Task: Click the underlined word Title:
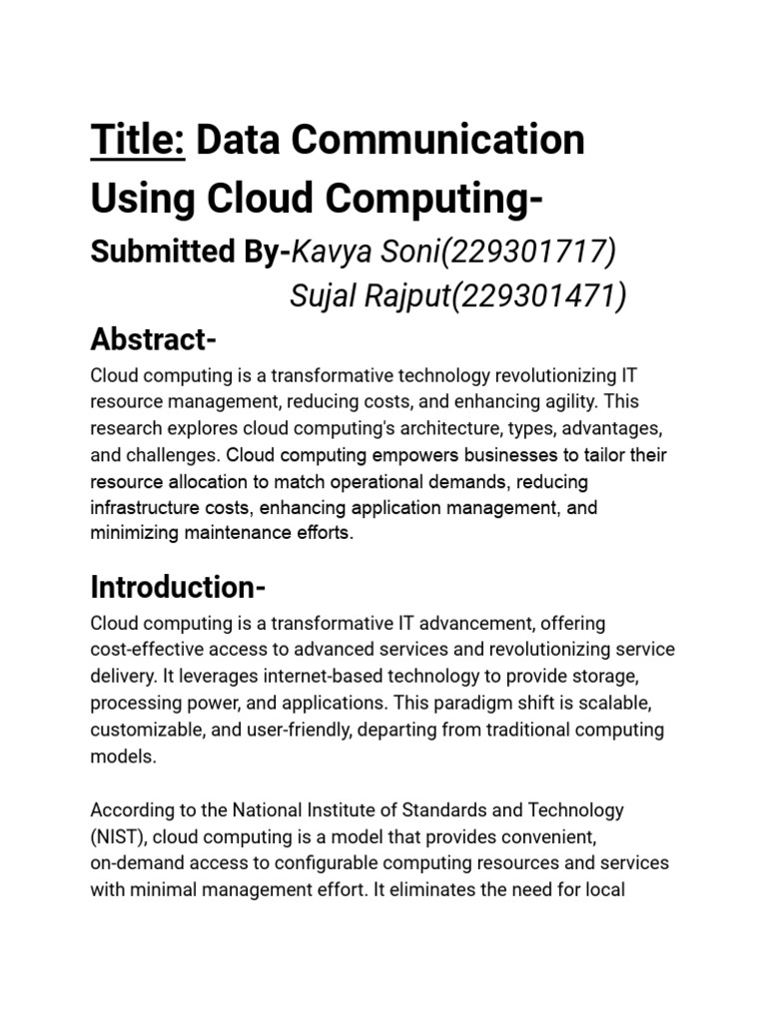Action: click(x=138, y=141)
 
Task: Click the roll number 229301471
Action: click(x=539, y=296)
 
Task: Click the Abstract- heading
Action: click(x=153, y=340)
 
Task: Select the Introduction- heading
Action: click(x=178, y=585)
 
